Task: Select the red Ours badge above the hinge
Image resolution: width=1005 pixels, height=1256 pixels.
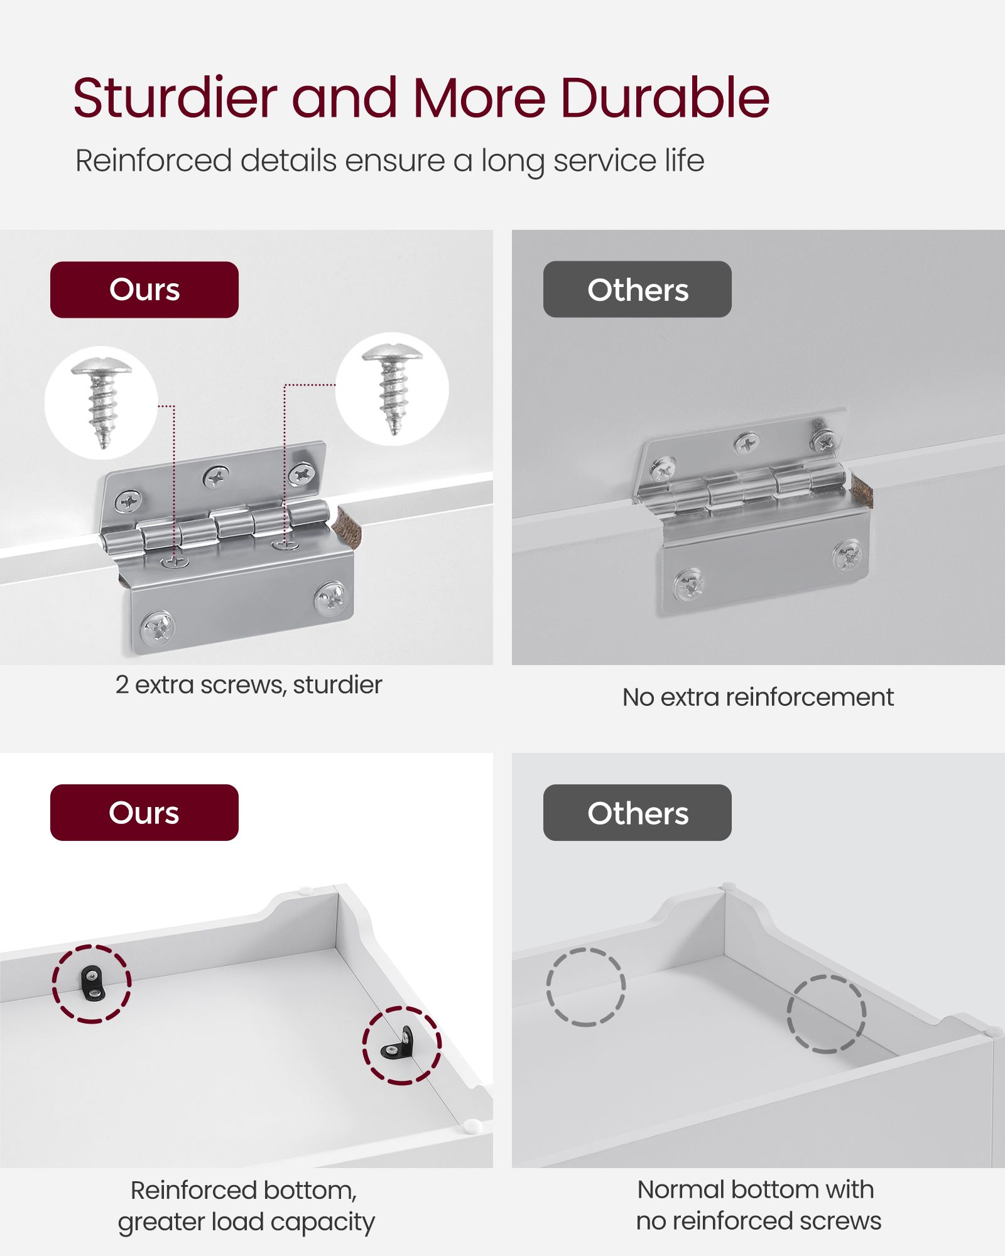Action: pos(144,290)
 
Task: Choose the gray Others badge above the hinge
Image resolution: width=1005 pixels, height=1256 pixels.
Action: pos(638,290)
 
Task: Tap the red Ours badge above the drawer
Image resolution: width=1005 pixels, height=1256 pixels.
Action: pos(144,813)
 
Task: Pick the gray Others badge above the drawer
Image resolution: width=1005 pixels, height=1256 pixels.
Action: pos(638,813)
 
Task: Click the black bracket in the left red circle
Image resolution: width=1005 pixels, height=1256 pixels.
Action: pos(92,983)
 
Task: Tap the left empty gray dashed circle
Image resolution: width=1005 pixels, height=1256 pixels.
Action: pos(585,987)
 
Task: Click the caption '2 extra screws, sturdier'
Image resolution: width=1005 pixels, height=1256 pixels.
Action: pos(249,685)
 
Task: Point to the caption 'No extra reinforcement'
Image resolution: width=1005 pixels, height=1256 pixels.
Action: pos(758,697)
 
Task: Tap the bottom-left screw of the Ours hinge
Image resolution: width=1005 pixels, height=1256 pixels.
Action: pos(158,628)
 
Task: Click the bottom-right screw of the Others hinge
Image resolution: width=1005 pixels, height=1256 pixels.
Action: pos(848,555)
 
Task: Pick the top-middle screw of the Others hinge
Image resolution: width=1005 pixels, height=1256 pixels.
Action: pos(747,444)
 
